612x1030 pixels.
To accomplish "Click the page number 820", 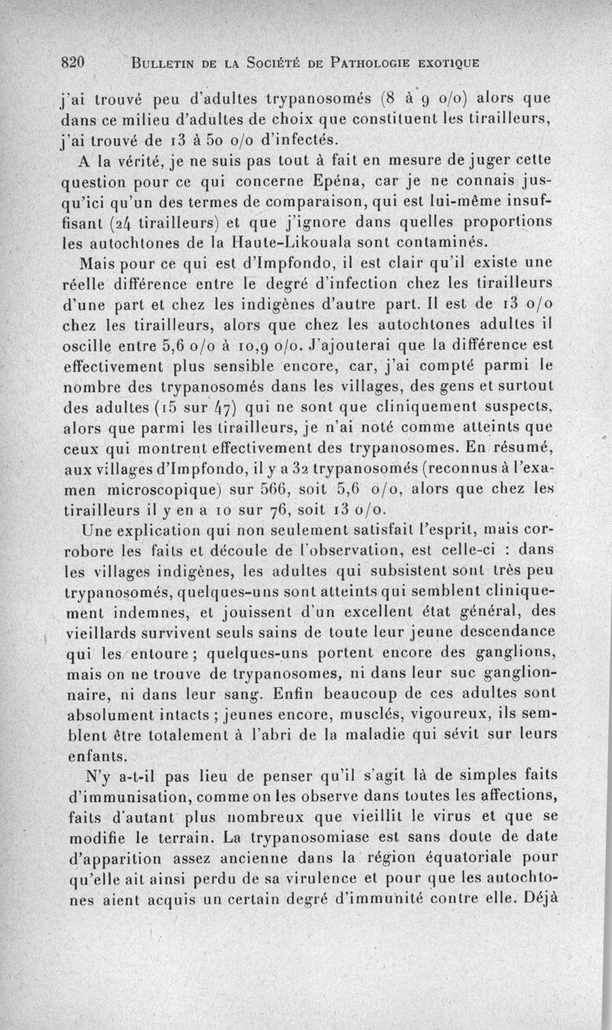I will pyautogui.click(x=76, y=61).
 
